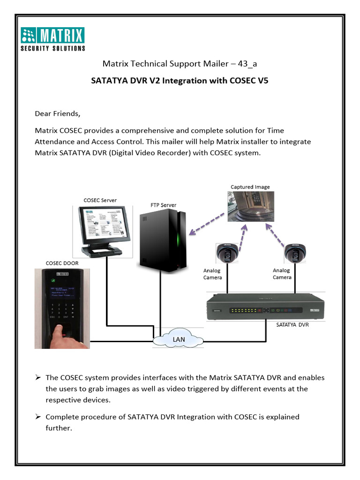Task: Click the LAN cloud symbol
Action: (x=178, y=339)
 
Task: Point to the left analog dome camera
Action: (x=228, y=254)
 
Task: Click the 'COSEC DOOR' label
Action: (x=61, y=263)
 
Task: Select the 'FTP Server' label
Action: (x=163, y=205)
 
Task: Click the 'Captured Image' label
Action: (x=250, y=187)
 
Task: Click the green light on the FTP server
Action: (x=178, y=242)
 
